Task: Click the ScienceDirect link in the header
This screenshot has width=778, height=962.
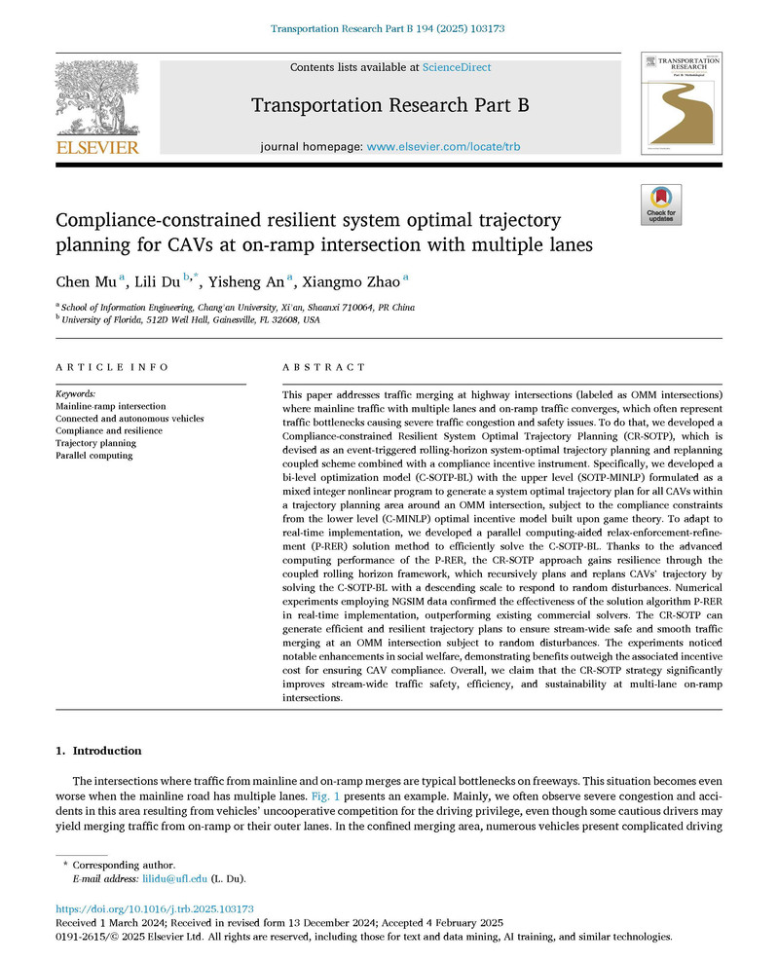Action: pyautogui.click(x=457, y=67)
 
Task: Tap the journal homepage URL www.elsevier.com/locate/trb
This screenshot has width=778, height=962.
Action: pyautogui.click(x=448, y=146)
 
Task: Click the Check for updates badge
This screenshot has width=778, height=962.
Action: pyautogui.click(x=660, y=204)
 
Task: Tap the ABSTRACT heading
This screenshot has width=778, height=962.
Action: pyautogui.click(x=310, y=368)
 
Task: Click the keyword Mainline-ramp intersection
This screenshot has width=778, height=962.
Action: pyautogui.click(x=110, y=405)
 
